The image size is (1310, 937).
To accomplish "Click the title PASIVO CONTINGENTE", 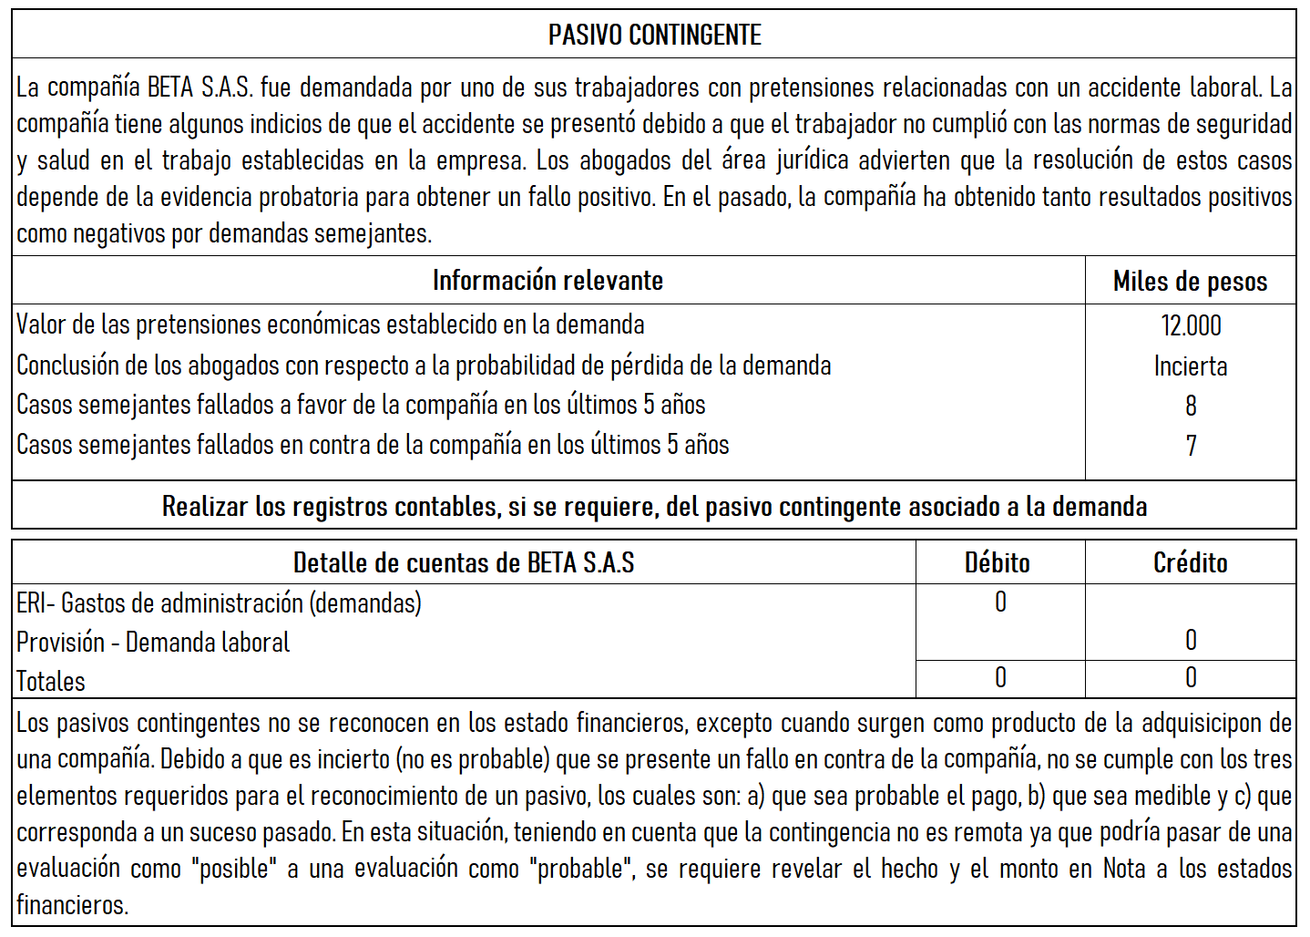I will tap(654, 36).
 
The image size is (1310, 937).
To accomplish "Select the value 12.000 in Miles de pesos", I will tap(1191, 325).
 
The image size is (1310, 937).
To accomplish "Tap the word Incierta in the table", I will tap(1191, 366).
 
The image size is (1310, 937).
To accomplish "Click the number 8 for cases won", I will tap(1191, 406).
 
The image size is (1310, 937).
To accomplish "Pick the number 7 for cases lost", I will tap(1191, 446).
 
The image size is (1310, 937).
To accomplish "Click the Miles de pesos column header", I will tap(1190, 282).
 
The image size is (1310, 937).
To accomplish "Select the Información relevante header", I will tap(548, 281).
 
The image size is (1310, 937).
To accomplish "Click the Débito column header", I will tap(998, 563).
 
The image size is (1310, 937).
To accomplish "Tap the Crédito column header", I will tap(1190, 563).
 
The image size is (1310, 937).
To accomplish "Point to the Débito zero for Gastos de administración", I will tap(1000, 602).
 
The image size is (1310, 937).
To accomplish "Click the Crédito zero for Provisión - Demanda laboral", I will tap(1191, 641).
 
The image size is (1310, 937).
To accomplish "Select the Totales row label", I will tap(51, 681).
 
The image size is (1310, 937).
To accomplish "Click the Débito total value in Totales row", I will tap(1000, 678).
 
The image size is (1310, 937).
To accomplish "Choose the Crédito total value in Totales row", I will tap(1191, 678).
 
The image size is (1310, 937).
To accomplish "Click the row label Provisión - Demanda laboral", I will tap(153, 643).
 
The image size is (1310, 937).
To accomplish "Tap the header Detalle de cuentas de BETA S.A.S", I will tap(463, 563).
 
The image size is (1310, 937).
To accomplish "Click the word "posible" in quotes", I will tap(235, 869).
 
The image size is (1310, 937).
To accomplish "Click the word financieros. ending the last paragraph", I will tap(73, 905).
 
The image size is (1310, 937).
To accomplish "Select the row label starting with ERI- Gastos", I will tap(219, 603).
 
